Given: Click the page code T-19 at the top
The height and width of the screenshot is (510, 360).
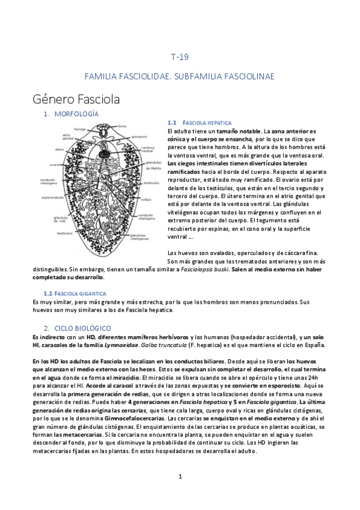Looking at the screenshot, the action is tap(180, 58).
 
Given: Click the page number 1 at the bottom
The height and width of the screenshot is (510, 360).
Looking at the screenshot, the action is tap(180, 476).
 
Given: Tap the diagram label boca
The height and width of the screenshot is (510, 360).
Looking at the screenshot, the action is tap(122, 126).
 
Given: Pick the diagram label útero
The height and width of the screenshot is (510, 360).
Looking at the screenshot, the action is tap(60, 150).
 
